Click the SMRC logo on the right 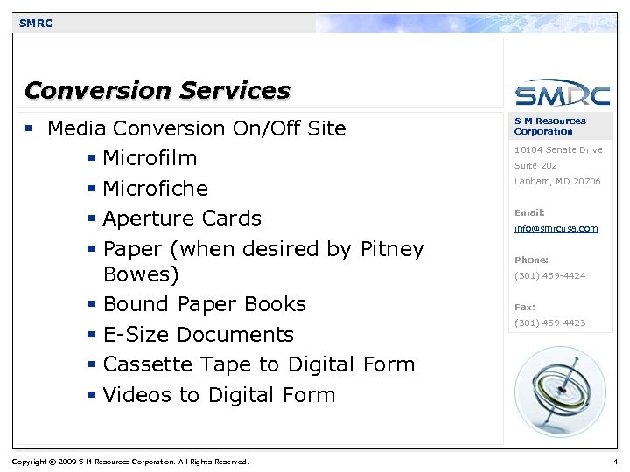click(x=562, y=94)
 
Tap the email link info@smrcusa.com click(x=556, y=228)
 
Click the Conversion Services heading click(x=157, y=90)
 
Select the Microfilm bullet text click(x=150, y=158)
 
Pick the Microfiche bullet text click(x=155, y=189)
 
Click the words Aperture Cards click(x=182, y=219)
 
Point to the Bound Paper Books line click(x=204, y=304)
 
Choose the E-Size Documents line click(x=198, y=335)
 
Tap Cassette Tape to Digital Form click(x=258, y=364)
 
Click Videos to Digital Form click(x=219, y=395)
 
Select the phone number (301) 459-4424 click(x=549, y=276)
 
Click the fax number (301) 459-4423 click(x=549, y=323)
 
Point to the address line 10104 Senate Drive click(x=558, y=150)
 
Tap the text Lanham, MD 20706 click(x=557, y=182)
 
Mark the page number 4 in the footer click(x=616, y=462)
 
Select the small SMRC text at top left click(x=36, y=24)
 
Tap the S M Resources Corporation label click(x=549, y=126)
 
